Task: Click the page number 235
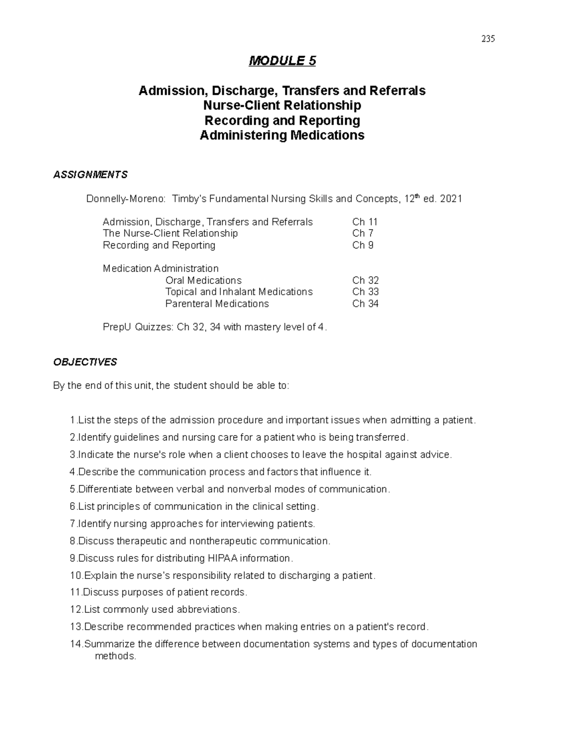point(488,39)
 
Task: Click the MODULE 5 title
point(282,61)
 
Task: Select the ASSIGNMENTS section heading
point(90,175)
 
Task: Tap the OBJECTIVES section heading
point(85,362)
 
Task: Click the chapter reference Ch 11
point(365,222)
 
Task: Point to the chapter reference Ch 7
point(363,233)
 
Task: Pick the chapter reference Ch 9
point(363,245)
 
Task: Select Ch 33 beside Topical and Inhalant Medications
point(365,292)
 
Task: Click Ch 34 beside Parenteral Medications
point(365,304)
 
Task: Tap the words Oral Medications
point(203,281)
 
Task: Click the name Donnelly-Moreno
point(125,199)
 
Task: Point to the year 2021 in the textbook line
point(451,199)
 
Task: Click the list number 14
point(76,644)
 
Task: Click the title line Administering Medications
point(282,136)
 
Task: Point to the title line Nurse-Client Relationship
point(282,105)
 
